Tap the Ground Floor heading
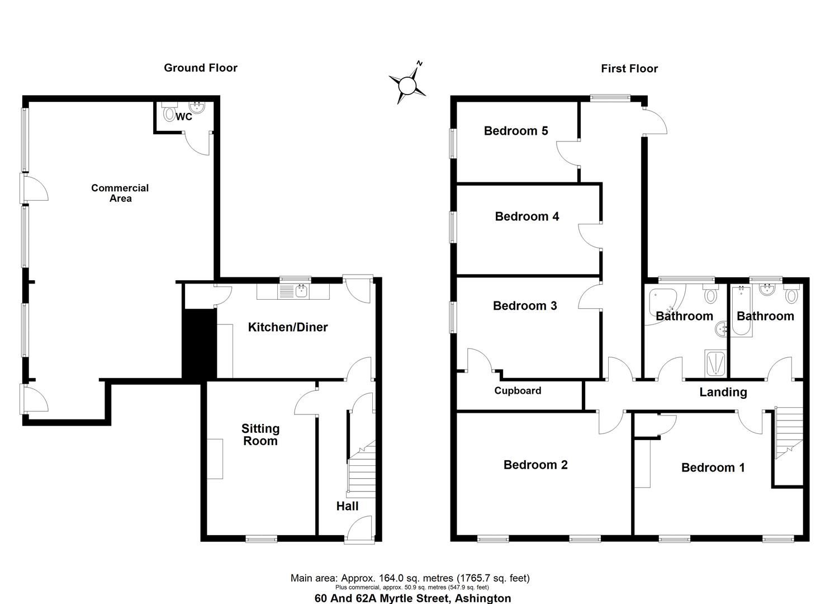tap(201, 68)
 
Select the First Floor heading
tap(629, 69)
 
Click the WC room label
tap(184, 117)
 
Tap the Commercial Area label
tap(120, 193)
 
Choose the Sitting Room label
tap(260, 435)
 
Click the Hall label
tap(347, 506)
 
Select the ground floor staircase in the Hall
tap(362, 469)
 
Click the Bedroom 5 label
tap(516, 131)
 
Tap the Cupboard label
tap(518, 390)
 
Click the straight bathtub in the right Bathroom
tap(742, 312)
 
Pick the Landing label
tap(723, 392)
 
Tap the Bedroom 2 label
tap(535, 465)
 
